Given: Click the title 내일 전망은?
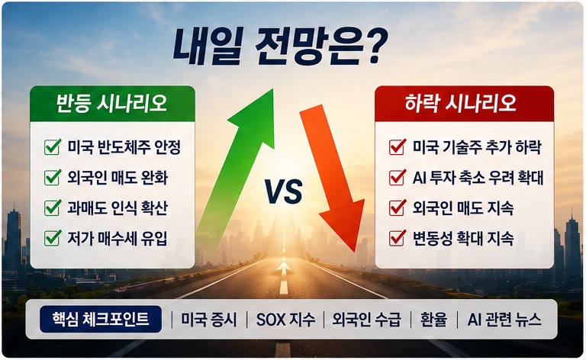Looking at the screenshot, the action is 280,47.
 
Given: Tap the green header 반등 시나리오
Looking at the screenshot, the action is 112,104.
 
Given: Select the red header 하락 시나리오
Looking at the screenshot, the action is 464,104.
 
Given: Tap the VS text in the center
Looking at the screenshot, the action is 284,191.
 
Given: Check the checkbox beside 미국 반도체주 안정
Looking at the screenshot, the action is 53,146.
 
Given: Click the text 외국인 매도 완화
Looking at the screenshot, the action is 118,178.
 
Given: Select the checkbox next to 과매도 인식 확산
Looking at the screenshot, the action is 53,207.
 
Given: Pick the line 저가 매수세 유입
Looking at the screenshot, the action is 118,238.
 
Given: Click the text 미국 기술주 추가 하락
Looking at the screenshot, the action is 477,146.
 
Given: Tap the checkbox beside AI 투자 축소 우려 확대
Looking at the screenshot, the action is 398,178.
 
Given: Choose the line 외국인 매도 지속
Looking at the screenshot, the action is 463,207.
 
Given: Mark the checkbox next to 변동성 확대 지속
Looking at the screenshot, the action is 398,238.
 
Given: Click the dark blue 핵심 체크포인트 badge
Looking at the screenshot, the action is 101,320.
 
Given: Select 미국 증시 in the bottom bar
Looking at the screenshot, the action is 209,320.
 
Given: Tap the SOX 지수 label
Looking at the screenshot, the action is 285,320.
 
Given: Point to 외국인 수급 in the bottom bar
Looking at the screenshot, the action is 366,320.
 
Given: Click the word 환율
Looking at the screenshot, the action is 433,320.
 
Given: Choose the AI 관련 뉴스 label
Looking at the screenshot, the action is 504,320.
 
